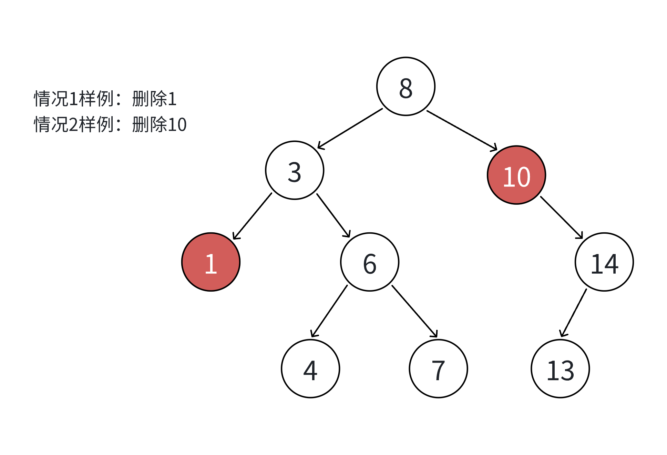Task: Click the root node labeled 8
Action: pyautogui.click(x=406, y=87)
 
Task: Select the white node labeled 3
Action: pyautogui.click(x=295, y=170)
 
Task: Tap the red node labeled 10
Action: pyautogui.click(x=516, y=175)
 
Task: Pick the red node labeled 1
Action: pyautogui.click(x=211, y=262)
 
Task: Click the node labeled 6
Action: pyautogui.click(x=370, y=262)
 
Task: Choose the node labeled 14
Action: pyautogui.click(x=604, y=262)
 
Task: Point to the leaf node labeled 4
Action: pyautogui.click(x=310, y=368)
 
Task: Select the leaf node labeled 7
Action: pyautogui.click(x=438, y=368)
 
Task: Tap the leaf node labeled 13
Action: pyautogui.click(x=560, y=368)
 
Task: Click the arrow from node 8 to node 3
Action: pyautogui.click(x=350, y=129)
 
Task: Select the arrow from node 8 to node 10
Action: pyautogui.click(x=462, y=130)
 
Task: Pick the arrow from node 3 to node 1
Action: pyautogui.click(x=253, y=216)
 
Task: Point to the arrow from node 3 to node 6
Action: pyautogui.click(x=333, y=215)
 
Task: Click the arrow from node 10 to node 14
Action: pyautogui.click(x=561, y=217)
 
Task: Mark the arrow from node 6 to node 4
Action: pyautogui.click(x=329, y=311)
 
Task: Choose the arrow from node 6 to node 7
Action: pyautogui.click(x=414, y=311)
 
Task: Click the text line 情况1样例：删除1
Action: pyautogui.click(x=105, y=99)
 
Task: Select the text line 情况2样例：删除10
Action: pyautogui.click(x=110, y=124)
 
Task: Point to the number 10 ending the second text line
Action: pyautogui.click(x=177, y=125)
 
